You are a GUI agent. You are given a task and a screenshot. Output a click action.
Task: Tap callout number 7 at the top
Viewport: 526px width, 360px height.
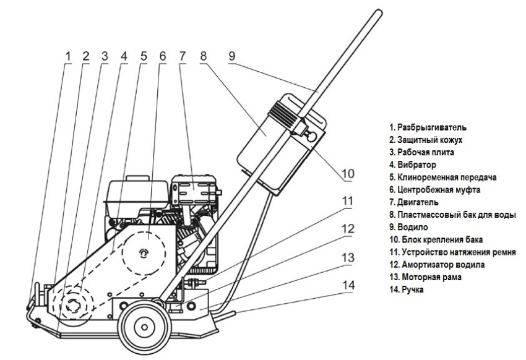pyautogui.click(x=181, y=56)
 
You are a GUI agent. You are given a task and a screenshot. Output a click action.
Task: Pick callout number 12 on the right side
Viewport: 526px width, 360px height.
pyautogui.click(x=348, y=228)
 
